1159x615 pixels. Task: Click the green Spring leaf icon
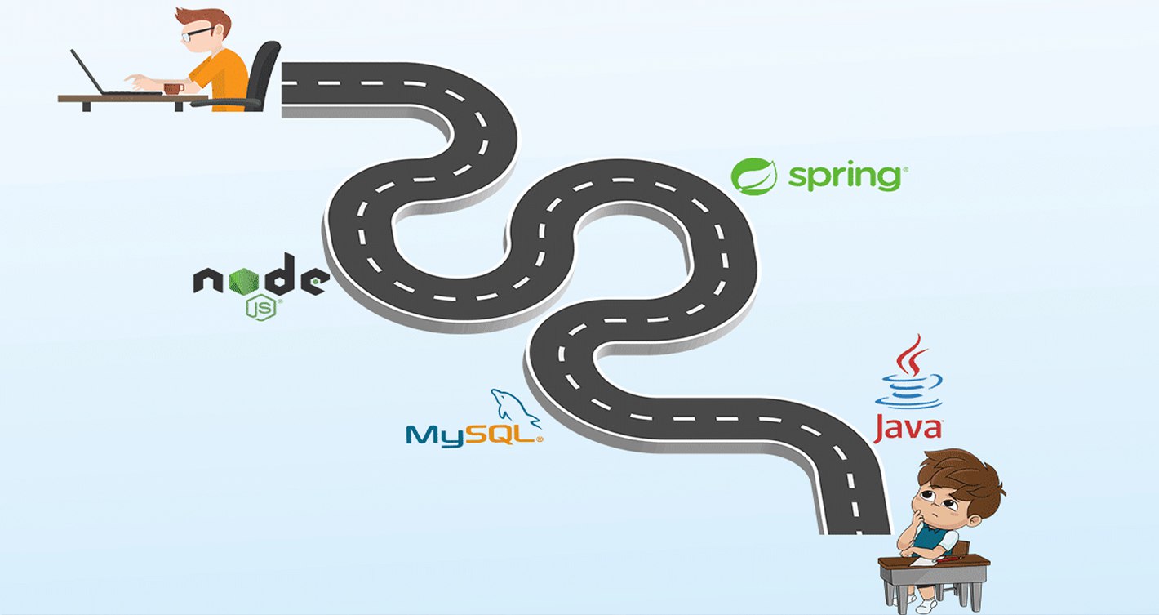[x=753, y=176]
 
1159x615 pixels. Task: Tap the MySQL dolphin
[x=513, y=407]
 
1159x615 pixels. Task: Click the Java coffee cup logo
[x=908, y=376]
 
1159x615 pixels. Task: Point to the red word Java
[x=908, y=427]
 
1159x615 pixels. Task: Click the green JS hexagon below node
[x=259, y=308]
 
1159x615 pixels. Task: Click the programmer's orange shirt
[x=220, y=78]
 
